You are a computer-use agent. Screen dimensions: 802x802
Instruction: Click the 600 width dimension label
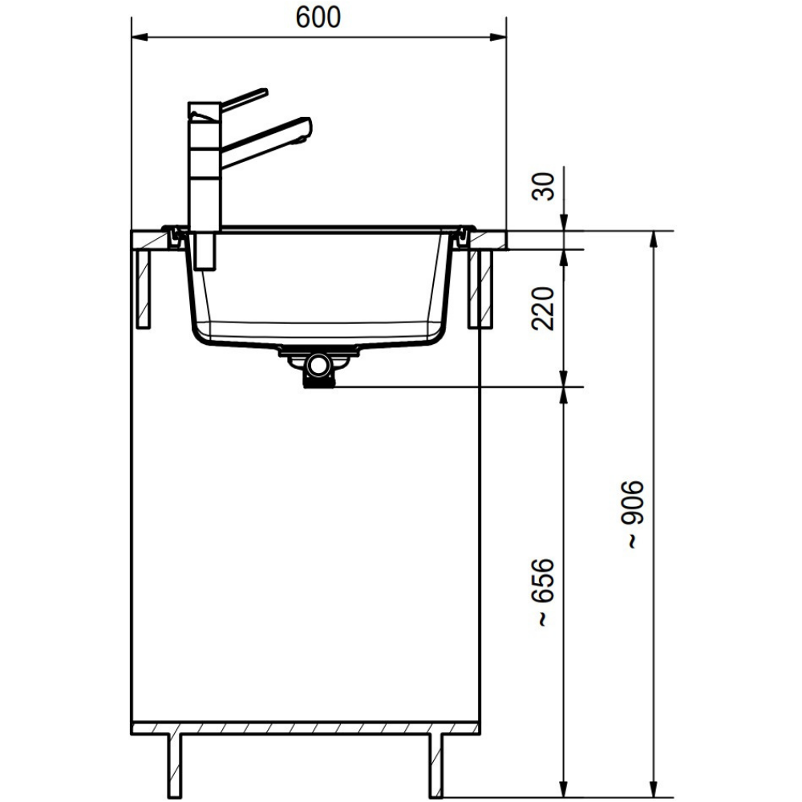tap(318, 18)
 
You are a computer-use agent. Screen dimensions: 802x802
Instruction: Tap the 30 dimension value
tap(543, 187)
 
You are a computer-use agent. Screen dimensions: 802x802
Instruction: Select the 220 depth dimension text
tap(543, 309)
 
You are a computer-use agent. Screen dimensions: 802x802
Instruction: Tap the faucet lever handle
tap(245, 99)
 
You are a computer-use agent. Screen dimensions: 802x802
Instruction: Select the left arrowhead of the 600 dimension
tap(140, 37)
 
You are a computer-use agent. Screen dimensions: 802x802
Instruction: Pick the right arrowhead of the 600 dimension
tap(498, 37)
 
